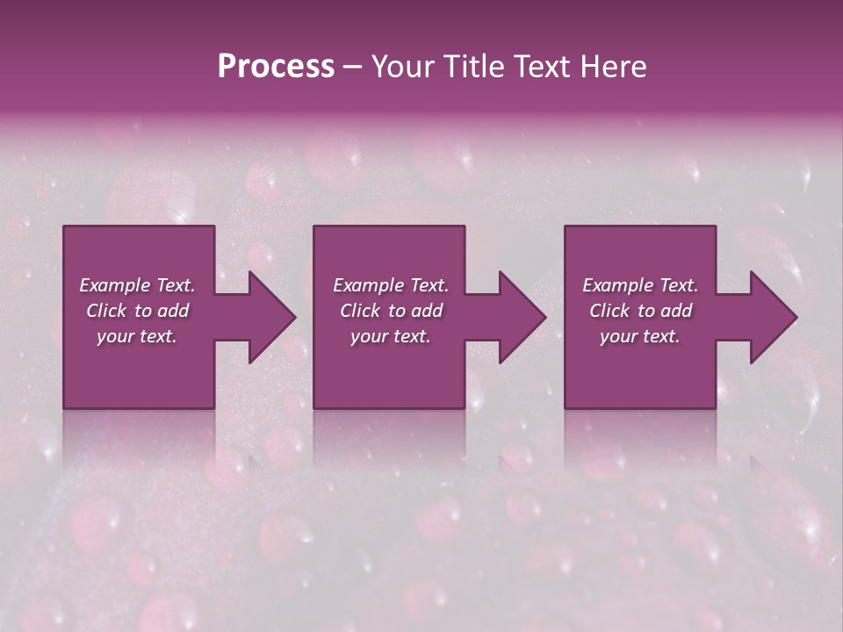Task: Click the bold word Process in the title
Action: click(276, 67)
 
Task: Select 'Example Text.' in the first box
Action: click(137, 285)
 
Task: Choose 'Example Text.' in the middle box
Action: click(391, 285)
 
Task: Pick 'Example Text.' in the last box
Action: click(640, 285)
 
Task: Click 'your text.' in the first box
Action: click(137, 336)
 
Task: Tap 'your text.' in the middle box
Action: click(391, 336)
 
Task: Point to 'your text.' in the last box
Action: click(640, 336)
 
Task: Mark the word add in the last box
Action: click(676, 311)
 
